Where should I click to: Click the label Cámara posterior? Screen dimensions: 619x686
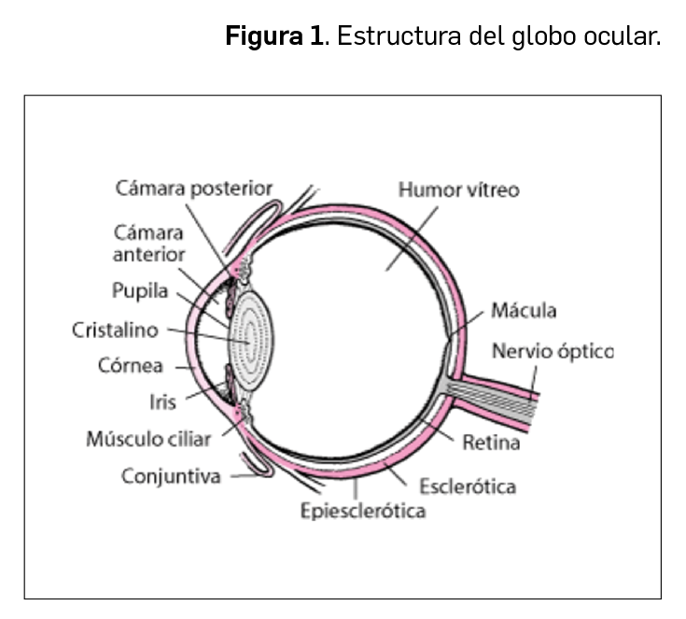tap(194, 189)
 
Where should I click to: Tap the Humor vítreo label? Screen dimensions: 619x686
tap(458, 190)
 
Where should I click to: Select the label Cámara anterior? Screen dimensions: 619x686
tap(149, 243)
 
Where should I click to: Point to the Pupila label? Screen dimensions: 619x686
tap(140, 290)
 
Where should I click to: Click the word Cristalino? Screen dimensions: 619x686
tap(115, 330)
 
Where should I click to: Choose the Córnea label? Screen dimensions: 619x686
tap(131, 365)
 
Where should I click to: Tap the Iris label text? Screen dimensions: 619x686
tap(163, 401)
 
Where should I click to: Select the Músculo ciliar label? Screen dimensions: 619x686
tap(148, 438)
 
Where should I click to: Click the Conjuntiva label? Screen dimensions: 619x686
tap(171, 476)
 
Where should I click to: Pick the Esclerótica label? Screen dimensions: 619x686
tap(468, 485)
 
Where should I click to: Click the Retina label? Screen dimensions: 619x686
tap(491, 442)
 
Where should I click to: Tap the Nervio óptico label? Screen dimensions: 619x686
tap(553, 352)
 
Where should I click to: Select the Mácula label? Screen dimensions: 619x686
tap(524, 310)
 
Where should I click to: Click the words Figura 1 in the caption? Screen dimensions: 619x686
tap(275, 39)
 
